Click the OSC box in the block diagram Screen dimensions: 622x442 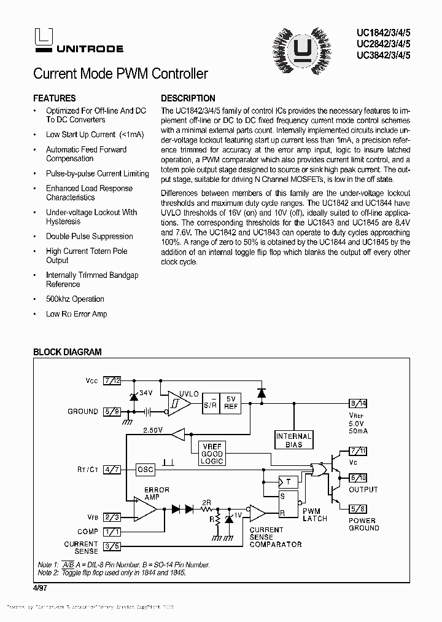click(145, 469)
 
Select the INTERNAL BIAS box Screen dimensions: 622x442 click(294, 440)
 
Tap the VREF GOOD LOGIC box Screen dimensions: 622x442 click(212, 454)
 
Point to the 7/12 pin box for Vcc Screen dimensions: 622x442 click(112, 381)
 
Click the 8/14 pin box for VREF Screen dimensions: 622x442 click(358, 403)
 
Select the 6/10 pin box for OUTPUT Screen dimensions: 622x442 click(358, 478)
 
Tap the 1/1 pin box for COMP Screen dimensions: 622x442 click(112, 532)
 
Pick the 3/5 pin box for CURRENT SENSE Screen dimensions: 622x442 click(112, 546)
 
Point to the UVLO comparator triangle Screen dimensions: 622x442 click(179, 403)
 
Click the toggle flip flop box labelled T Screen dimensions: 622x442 click(287, 481)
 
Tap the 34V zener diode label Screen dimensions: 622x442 click(145, 393)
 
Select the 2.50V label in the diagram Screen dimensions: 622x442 click(153, 431)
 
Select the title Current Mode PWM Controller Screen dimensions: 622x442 click(120, 74)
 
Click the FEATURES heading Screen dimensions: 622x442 click(55, 98)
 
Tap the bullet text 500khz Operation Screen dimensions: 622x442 click(75, 299)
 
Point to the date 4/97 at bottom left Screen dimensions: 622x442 click(40, 588)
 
